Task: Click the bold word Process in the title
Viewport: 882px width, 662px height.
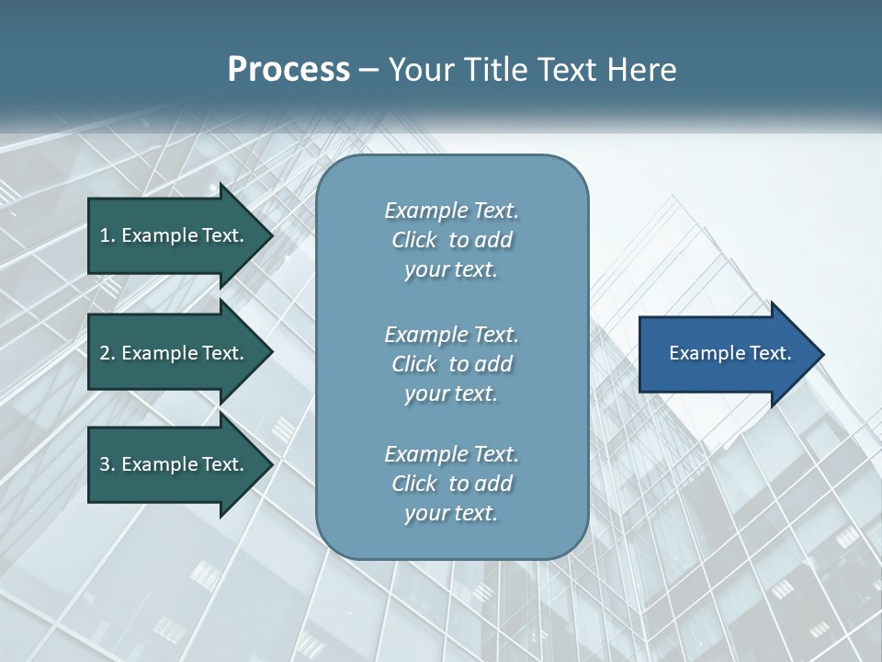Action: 288,70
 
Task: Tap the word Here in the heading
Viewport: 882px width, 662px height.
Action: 642,70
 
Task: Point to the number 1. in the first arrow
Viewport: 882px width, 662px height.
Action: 107,235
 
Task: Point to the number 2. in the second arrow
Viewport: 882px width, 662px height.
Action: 107,353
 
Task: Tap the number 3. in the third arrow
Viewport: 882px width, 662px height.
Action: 107,464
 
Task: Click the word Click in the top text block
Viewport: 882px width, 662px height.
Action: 414,240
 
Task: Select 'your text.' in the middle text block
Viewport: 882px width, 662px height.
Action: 451,394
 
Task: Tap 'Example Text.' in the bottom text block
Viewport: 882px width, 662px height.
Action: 451,454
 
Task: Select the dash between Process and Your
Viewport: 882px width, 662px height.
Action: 368,70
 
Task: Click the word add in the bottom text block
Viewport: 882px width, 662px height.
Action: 493,484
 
